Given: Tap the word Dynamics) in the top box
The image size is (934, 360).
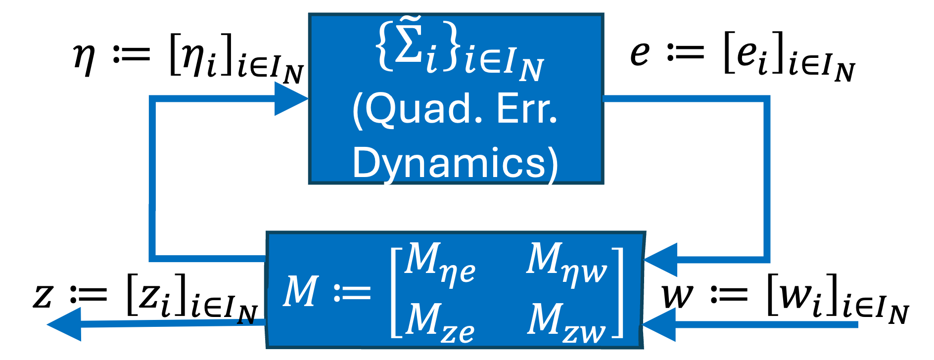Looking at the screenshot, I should pyautogui.click(x=455, y=163).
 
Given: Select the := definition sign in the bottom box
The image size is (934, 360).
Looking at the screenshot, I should pyautogui.click(x=352, y=293).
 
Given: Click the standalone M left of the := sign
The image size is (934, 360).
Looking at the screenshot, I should pyautogui.click(x=300, y=292).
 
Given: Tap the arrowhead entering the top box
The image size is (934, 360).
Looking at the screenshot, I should pyautogui.click(x=291, y=99).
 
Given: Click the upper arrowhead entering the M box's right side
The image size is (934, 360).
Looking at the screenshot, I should pyautogui.click(x=661, y=260).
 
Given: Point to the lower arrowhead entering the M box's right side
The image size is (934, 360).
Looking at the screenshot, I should pyautogui.click(x=659, y=324).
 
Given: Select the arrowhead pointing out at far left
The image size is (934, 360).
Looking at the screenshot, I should pyautogui.click(x=64, y=324).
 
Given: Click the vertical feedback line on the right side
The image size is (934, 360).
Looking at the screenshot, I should pyautogui.click(x=767, y=178).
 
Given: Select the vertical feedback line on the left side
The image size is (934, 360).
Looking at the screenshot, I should pyautogui.click(x=152, y=178).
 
